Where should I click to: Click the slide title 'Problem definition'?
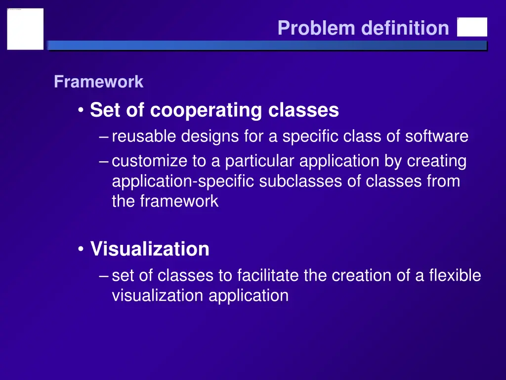pyautogui.click(x=363, y=28)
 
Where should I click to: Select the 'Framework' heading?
pyautogui.click(x=98, y=82)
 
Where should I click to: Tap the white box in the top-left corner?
pyautogui.click(x=25, y=29)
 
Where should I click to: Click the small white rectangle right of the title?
pyautogui.click(x=472, y=27)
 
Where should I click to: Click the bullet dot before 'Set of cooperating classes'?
pyautogui.click(x=81, y=110)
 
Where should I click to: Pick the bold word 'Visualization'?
pyautogui.click(x=150, y=248)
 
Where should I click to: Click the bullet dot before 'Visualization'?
pyautogui.click(x=81, y=249)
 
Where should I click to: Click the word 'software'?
pyautogui.click(x=437, y=136)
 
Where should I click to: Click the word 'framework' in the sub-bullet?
pyautogui.click(x=179, y=201)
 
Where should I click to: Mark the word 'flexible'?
pyautogui.click(x=455, y=275)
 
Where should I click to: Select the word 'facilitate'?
pyautogui.click(x=267, y=275)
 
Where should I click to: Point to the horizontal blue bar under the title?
pyautogui.click(x=267, y=46)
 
